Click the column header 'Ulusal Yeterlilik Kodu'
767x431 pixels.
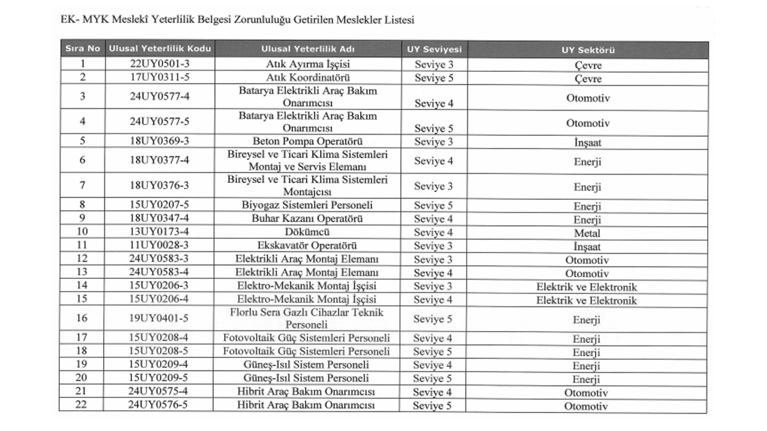(159, 49)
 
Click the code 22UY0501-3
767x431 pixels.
(159, 64)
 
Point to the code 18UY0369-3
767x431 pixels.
(159, 142)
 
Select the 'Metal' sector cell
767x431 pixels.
(587, 233)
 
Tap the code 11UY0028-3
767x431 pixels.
(159, 245)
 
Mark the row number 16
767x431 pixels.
(83, 318)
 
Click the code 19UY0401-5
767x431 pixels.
(159, 318)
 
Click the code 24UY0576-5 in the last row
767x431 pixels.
(159, 405)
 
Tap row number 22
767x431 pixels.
(83, 405)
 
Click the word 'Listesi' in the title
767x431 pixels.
(398, 20)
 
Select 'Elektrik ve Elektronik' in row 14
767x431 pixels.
(587, 287)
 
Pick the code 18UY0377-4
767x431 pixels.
(159, 161)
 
